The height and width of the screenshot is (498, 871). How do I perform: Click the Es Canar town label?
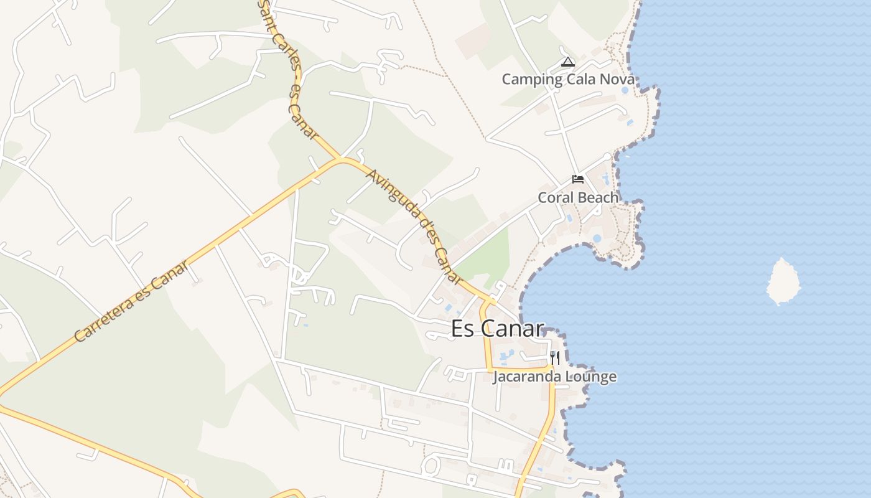(497, 329)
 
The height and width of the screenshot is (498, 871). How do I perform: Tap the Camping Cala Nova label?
(568, 80)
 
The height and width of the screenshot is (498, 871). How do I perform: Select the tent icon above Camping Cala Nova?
(567, 62)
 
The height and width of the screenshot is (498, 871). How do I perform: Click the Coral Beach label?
(578, 198)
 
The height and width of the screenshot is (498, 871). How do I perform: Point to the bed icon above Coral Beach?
(578, 180)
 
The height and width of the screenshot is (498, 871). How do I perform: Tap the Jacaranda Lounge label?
(554, 377)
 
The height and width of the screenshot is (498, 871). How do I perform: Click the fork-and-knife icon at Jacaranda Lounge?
(554, 358)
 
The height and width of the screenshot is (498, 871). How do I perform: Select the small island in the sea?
(783, 281)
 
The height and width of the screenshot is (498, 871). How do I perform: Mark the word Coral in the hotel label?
(553, 198)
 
